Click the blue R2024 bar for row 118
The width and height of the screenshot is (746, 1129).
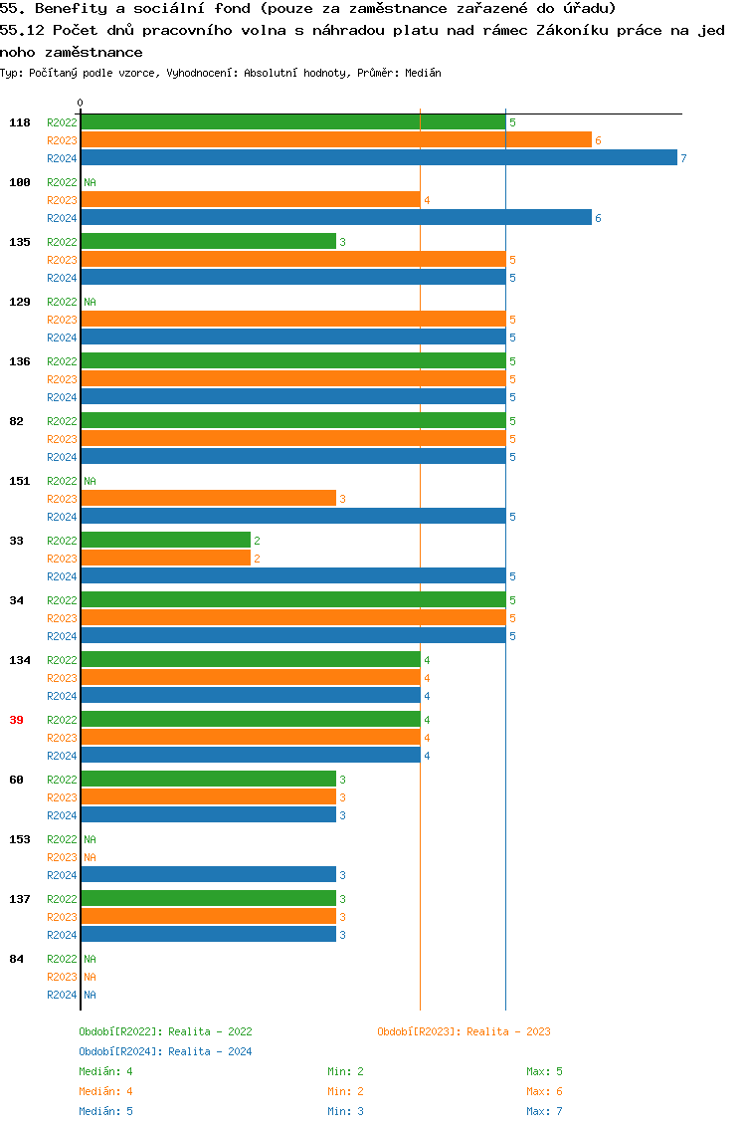[378, 157]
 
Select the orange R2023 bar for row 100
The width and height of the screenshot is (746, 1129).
[251, 199]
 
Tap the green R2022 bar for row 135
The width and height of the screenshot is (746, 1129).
[208, 241]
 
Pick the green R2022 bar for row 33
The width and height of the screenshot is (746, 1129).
[165, 540]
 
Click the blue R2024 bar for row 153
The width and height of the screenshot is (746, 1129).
[208, 874]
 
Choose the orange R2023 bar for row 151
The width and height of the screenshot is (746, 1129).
[208, 498]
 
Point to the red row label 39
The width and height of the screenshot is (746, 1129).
[16, 720]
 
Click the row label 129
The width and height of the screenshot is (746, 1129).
[20, 302]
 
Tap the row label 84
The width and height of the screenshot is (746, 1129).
[16, 959]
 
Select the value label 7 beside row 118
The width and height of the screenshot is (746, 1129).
[683, 158]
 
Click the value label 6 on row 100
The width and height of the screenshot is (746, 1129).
[598, 218]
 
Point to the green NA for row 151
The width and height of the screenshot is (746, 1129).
[90, 481]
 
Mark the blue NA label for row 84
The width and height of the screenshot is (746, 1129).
[90, 995]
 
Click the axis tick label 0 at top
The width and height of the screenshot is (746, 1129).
[81, 103]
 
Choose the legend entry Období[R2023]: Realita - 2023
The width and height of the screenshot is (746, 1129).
[464, 1031]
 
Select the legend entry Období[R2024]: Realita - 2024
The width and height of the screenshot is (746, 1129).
[165, 1051]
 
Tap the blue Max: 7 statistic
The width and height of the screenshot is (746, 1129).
[544, 1111]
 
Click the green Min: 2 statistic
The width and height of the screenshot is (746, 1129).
[345, 1071]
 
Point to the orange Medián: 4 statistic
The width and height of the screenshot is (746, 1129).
[105, 1091]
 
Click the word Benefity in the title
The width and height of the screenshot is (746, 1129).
[71, 8]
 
